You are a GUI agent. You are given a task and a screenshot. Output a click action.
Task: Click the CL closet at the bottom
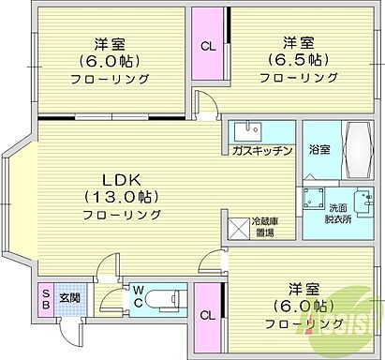[x=209, y=315]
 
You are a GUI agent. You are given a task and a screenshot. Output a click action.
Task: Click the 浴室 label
[x=319, y=150]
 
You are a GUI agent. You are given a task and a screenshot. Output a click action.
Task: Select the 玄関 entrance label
[x=71, y=298]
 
